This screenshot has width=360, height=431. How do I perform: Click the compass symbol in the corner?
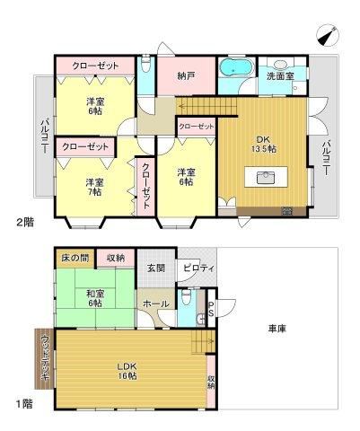click(327, 36)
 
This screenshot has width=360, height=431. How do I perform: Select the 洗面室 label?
click(280, 76)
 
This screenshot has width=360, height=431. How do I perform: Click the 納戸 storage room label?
click(186, 75)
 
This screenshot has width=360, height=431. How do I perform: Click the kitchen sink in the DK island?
click(266, 178)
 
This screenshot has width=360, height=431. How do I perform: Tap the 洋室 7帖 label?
click(94, 187)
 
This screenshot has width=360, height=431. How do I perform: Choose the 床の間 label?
click(75, 258)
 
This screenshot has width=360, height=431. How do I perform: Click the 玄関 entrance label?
click(156, 268)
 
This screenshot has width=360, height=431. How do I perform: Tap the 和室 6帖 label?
click(94, 298)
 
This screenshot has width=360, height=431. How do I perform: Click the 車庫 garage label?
click(277, 329)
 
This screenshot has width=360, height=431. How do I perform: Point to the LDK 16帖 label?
click(127, 371)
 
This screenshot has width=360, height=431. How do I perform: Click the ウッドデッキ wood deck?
click(44, 358)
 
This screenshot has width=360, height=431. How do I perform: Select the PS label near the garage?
click(211, 309)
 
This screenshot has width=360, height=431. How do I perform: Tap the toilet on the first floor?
click(186, 296)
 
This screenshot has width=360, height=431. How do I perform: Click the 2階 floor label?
click(25, 223)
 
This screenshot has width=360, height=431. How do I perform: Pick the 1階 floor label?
click(24, 404)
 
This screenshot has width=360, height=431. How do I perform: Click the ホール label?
click(156, 304)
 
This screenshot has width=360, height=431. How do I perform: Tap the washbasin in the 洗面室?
click(280, 65)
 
